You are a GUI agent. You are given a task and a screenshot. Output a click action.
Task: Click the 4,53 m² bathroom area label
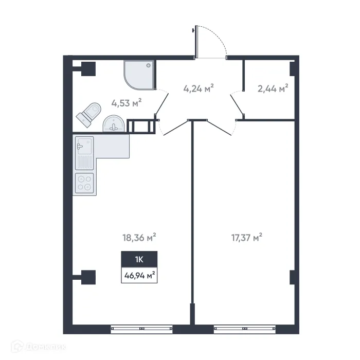coord(126,103)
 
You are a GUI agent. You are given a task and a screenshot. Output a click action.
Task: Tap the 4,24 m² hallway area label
coord(198,88)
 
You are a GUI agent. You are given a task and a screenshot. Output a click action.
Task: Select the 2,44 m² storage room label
coord(273,88)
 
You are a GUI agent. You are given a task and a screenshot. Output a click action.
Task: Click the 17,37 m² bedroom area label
coord(247,238)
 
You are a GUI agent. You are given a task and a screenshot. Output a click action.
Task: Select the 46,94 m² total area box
coord(139,275)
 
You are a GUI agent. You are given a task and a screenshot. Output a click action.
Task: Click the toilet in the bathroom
coord(88,114)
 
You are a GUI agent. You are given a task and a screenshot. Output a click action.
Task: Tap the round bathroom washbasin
coord(113,124)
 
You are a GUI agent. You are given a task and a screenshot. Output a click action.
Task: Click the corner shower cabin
coord(138,74)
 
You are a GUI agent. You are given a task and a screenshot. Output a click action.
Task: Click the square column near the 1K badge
coord(87,277)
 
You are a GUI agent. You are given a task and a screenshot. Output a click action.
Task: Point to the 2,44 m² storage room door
coord(237,105)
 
